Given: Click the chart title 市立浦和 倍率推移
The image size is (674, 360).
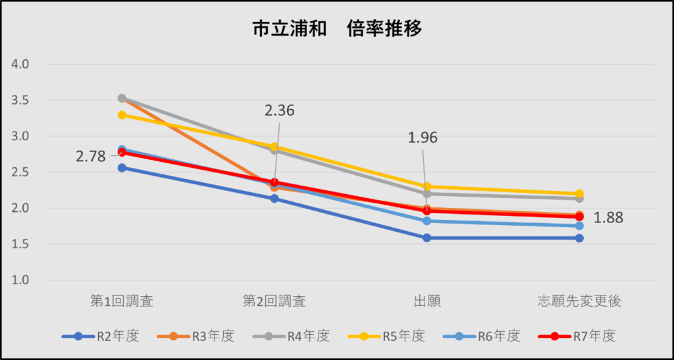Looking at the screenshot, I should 337,29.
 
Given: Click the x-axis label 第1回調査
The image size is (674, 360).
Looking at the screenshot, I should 122,301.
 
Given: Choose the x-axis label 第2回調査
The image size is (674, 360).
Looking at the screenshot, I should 274,301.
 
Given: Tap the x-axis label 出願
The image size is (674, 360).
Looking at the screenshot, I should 427,301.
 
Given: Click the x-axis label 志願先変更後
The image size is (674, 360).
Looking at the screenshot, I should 579,301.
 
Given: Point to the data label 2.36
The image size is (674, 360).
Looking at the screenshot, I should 279,111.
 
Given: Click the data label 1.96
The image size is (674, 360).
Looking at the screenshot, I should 423,138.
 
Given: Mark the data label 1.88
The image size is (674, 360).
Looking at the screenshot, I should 608,217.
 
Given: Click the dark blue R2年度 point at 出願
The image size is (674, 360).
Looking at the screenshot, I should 427,238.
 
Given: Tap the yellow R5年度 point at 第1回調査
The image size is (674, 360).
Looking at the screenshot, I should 122,115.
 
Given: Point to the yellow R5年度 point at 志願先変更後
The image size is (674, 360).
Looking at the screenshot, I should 579,193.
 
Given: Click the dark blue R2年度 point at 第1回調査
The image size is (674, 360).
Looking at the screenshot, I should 122,168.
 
